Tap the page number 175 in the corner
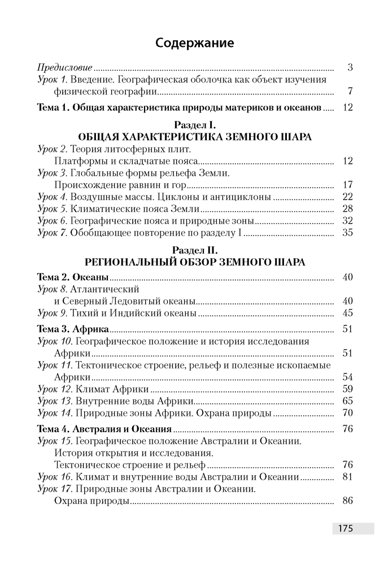coord(345,529)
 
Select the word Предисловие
coord(60,67)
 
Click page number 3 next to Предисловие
coord(350,67)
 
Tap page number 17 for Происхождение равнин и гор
coord(347,185)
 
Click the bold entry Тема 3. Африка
coord(72,329)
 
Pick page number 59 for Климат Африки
coord(347,389)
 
